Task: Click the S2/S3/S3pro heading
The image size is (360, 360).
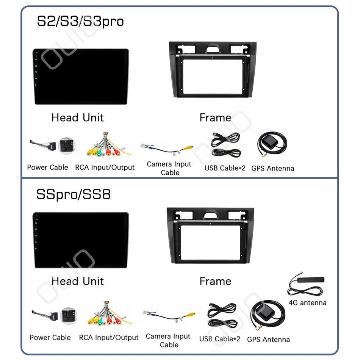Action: (x=80, y=21)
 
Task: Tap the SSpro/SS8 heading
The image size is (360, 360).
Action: (x=73, y=194)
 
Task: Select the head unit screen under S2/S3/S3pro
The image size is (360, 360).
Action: (x=80, y=76)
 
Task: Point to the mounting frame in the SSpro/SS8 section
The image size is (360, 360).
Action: (x=210, y=235)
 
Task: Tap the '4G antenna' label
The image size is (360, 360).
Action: (x=307, y=303)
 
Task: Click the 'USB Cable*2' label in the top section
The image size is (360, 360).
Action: (x=225, y=168)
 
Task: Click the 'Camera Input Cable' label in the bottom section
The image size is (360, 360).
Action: (x=169, y=340)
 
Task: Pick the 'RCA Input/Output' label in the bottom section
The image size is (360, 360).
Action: (x=109, y=337)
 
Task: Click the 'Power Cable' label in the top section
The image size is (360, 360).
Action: (x=48, y=167)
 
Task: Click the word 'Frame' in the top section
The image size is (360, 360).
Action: (x=215, y=118)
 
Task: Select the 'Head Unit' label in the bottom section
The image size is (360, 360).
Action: (x=78, y=281)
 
